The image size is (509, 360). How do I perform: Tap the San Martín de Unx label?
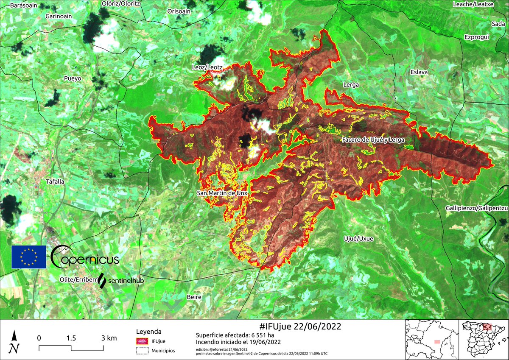click(x=222, y=193)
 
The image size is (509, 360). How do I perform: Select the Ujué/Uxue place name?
click(x=359, y=239)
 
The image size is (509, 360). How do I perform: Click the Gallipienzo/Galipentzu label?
click(x=477, y=209)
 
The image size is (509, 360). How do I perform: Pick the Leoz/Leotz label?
click(x=207, y=67)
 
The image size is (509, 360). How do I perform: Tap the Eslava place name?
click(x=419, y=72)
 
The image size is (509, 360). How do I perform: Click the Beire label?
click(x=194, y=297)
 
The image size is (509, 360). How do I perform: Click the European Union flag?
click(x=29, y=257)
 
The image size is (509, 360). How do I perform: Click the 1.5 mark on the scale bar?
click(x=71, y=338)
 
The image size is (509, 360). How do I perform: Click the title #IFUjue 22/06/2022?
click(x=300, y=327)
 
